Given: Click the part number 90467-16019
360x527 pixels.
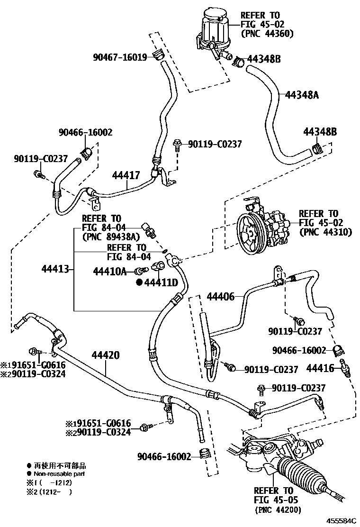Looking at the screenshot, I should [120, 58].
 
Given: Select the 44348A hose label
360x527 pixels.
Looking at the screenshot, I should [301, 95].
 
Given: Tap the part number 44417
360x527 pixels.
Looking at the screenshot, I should [126, 175].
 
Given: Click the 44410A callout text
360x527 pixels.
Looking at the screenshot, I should [110, 271].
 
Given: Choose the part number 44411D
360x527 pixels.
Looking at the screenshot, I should [161, 283].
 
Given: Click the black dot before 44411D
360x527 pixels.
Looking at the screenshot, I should [139, 283].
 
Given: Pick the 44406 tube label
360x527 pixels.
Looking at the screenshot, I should [221, 297].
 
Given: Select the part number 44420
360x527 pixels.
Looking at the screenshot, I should [106, 355].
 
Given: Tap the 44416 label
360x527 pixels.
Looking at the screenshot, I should [321, 367].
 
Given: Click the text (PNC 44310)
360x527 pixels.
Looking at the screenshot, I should [325, 232].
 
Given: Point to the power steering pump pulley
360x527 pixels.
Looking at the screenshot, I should [252, 231].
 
